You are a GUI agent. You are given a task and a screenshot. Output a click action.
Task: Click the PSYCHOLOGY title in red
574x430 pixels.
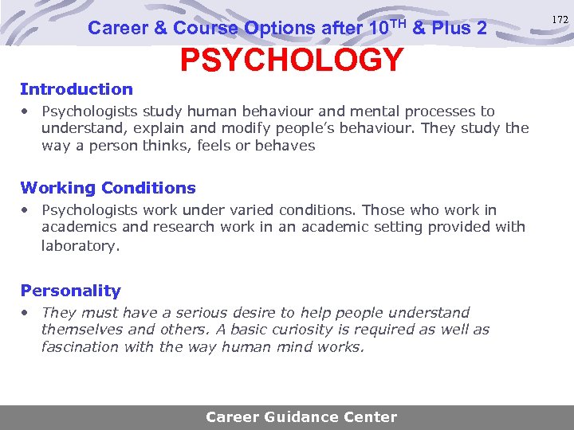[x=292, y=60]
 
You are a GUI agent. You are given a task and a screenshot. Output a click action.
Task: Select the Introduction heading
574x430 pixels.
[x=77, y=89]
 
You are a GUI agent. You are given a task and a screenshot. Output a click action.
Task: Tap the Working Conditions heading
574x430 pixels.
[x=108, y=188]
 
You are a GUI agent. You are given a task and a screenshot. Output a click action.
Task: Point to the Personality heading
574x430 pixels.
[x=70, y=291]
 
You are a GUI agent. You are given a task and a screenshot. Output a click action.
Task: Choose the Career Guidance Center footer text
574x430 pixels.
[x=301, y=416]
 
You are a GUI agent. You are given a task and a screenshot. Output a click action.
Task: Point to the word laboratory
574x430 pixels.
[x=80, y=245]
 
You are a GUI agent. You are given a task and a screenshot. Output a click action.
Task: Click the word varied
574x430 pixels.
[x=250, y=210]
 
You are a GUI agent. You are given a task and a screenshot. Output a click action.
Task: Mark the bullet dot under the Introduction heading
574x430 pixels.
[x=27, y=111]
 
